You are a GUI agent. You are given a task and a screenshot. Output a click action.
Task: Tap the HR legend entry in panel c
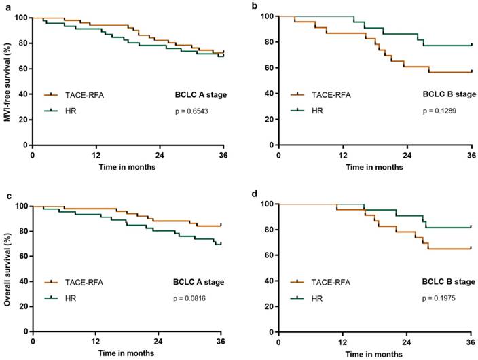[75, 296]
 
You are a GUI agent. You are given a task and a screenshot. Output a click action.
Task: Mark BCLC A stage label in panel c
[199, 281]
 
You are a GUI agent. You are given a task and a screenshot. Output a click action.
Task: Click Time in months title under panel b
[374, 166]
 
